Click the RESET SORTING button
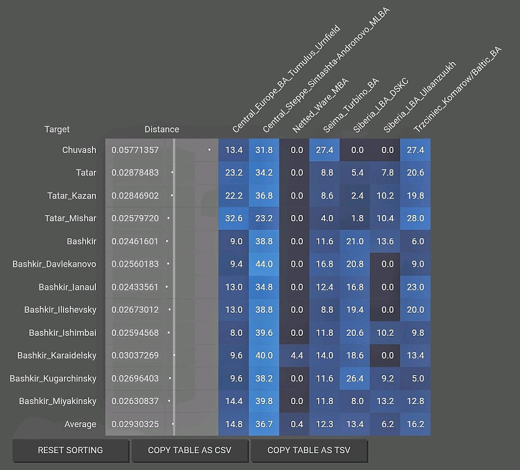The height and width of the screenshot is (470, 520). point(70,450)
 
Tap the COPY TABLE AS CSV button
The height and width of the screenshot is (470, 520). point(190,450)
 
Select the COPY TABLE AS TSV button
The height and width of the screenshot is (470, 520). point(309,450)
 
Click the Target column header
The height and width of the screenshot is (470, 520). point(57,129)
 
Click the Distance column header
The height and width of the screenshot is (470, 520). point(162,129)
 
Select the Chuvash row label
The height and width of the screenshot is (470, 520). point(79,150)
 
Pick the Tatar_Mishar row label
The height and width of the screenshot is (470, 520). point(70,218)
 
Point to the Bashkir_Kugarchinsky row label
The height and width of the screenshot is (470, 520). point(53,379)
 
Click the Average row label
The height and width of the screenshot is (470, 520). point(80,424)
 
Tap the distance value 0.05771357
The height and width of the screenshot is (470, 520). point(135,150)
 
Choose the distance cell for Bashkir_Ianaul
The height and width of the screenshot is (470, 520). point(135,287)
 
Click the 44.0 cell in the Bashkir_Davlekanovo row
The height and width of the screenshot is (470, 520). point(264,264)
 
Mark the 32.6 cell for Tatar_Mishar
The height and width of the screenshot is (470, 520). point(234,218)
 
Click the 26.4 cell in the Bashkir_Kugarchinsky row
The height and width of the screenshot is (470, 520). point(355,379)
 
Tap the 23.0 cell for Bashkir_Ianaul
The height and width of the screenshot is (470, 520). point(415,287)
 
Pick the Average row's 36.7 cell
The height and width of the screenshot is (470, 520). point(264,424)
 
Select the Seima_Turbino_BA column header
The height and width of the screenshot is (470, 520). point(351,105)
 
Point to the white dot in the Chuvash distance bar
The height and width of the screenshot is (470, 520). point(209,150)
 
